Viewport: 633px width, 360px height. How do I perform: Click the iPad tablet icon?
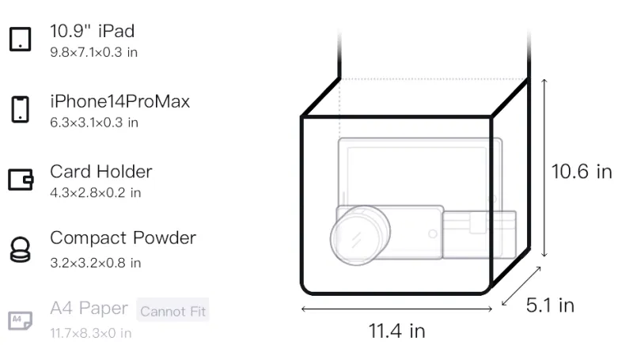click(x=21, y=39)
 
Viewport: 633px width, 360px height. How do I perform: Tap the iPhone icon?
click(x=21, y=109)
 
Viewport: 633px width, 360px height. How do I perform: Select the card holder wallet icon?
click(x=21, y=180)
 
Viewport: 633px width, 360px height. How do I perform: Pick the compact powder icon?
click(x=21, y=250)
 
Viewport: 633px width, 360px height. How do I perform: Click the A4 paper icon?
click(x=21, y=320)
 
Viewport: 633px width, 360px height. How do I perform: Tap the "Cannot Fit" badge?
click(x=172, y=311)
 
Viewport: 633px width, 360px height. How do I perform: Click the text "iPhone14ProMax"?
click(x=120, y=101)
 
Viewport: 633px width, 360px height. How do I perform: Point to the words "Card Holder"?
click(x=101, y=172)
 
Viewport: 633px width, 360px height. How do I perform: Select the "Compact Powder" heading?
click(x=123, y=238)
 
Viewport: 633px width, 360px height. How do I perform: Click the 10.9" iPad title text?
click(x=92, y=31)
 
